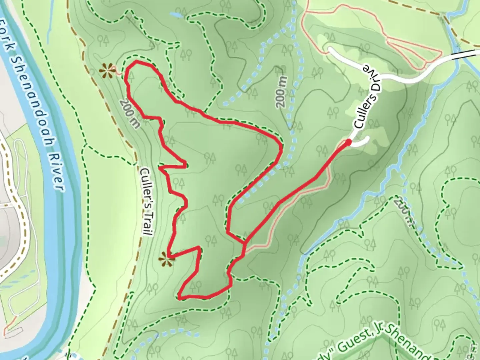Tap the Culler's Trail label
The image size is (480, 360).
[x=146, y=202]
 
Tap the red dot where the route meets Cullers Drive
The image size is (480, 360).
[x=348, y=143]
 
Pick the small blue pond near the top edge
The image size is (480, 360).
[x=176, y=15]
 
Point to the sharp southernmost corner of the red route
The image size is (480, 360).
[x=180, y=297]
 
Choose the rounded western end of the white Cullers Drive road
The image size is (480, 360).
[x=330, y=50]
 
